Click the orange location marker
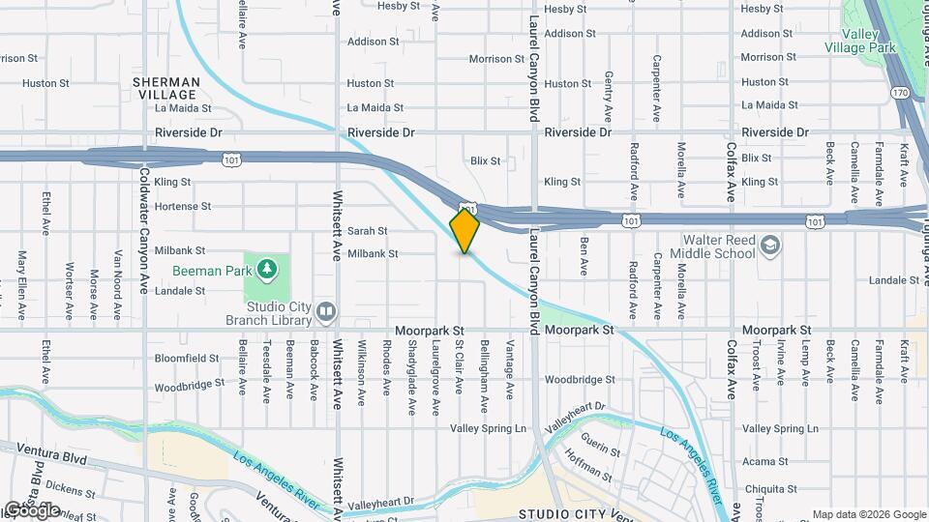pyautogui.click(x=464, y=231)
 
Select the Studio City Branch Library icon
pyautogui.click(x=326, y=310)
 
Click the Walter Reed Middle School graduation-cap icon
pyautogui.click(x=769, y=246)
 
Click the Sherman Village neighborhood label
pyautogui.click(x=166, y=89)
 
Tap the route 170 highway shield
pyautogui.click(x=900, y=93)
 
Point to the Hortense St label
pyautogui.click(x=183, y=206)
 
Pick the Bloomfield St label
pyautogui.click(x=187, y=358)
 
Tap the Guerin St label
pyautogui.click(x=601, y=450)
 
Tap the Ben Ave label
pyautogui.click(x=584, y=255)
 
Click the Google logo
pyautogui.click(x=31, y=509)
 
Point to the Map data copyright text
pyautogui.click(x=869, y=514)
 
